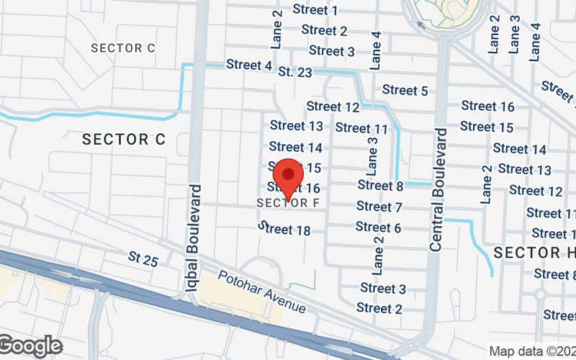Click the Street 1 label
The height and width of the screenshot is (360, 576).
click(x=315, y=10)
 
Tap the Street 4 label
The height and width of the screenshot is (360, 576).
click(x=249, y=65)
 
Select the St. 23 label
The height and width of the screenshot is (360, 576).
click(x=295, y=72)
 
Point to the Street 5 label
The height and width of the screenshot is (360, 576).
click(x=405, y=90)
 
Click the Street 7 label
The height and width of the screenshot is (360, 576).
click(x=379, y=207)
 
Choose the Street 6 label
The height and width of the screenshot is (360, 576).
click(x=378, y=228)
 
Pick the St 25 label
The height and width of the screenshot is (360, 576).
click(x=143, y=258)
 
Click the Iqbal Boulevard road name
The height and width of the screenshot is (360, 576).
click(x=194, y=238)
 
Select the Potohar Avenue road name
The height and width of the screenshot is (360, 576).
click(x=262, y=292)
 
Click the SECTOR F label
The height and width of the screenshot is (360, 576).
click(x=288, y=203)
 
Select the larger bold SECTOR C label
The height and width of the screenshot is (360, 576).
click(x=124, y=139)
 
